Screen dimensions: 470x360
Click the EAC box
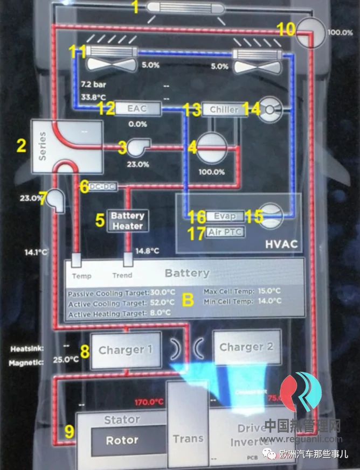[x=137, y=109]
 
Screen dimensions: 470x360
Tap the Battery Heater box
[x=128, y=221]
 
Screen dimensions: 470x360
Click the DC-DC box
[x=102, y=186]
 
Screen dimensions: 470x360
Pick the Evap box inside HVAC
[x=225, y=216]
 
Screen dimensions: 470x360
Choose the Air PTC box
[x=225, y=233]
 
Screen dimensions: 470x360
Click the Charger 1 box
[x=126, y=350]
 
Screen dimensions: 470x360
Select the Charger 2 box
[x=246, y=347]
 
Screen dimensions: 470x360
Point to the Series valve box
[x=67, y=146]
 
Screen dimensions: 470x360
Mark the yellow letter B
[x=187, y=300]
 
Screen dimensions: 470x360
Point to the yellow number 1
[x=136, y=8]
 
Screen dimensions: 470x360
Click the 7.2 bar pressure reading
[x=92, y=85]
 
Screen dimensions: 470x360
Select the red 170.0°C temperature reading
[x=149, y=402]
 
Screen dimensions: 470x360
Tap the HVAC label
[x=281, y=244]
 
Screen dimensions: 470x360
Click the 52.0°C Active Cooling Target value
[x=162, y=303]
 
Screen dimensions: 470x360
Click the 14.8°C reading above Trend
[x=147, y=250]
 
